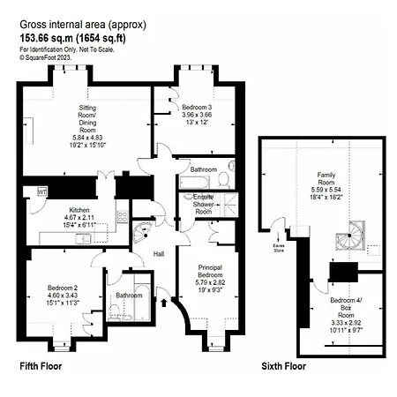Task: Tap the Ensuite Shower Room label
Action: (204, 206)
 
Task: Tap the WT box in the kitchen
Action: (41, 191)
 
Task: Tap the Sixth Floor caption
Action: (284, 365)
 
